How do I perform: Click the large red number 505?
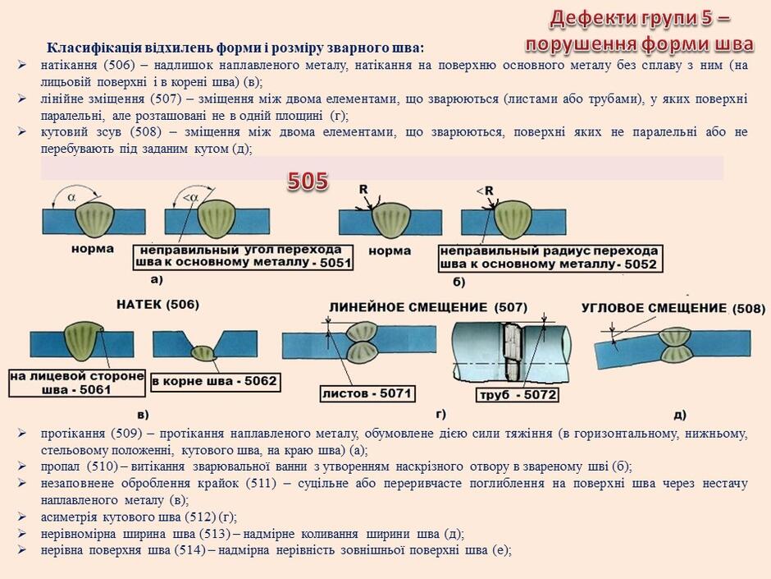(x=308, y=182)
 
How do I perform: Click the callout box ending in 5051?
(x=244, y=257)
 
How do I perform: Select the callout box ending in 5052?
(x=550, y=259)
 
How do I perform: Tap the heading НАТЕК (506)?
(x=157, y=305)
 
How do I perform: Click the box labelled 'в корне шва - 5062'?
(x=215, y=382)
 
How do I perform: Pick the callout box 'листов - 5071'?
(x=367, y=393)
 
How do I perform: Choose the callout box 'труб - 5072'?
(x=518, y=394)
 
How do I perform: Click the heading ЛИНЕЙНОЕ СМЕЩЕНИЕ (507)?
(x=428, y=308)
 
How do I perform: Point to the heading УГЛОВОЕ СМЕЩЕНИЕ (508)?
(x=673, y=309)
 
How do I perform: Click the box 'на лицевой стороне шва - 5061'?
(x=77, y=383)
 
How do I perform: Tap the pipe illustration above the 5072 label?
(x=511, y=352)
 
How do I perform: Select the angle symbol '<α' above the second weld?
(x=190, y=198)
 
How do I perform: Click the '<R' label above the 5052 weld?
(x=485, y=191)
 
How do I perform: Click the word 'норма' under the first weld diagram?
(x=93, y=249)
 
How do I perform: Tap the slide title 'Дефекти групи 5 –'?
(x=640, y=18)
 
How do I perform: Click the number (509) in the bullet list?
(x=125, y=434)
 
